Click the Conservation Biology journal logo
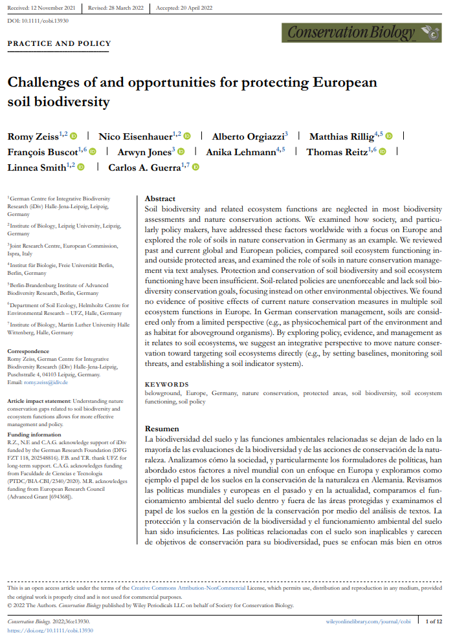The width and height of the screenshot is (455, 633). coord(361,31)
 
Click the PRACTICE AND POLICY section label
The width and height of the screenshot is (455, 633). coord(59,44)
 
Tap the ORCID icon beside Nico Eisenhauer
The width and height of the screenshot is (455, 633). coord(187,136)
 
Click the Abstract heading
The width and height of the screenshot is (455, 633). coord(160,199)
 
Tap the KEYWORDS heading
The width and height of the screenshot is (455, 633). coord(167,384)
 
